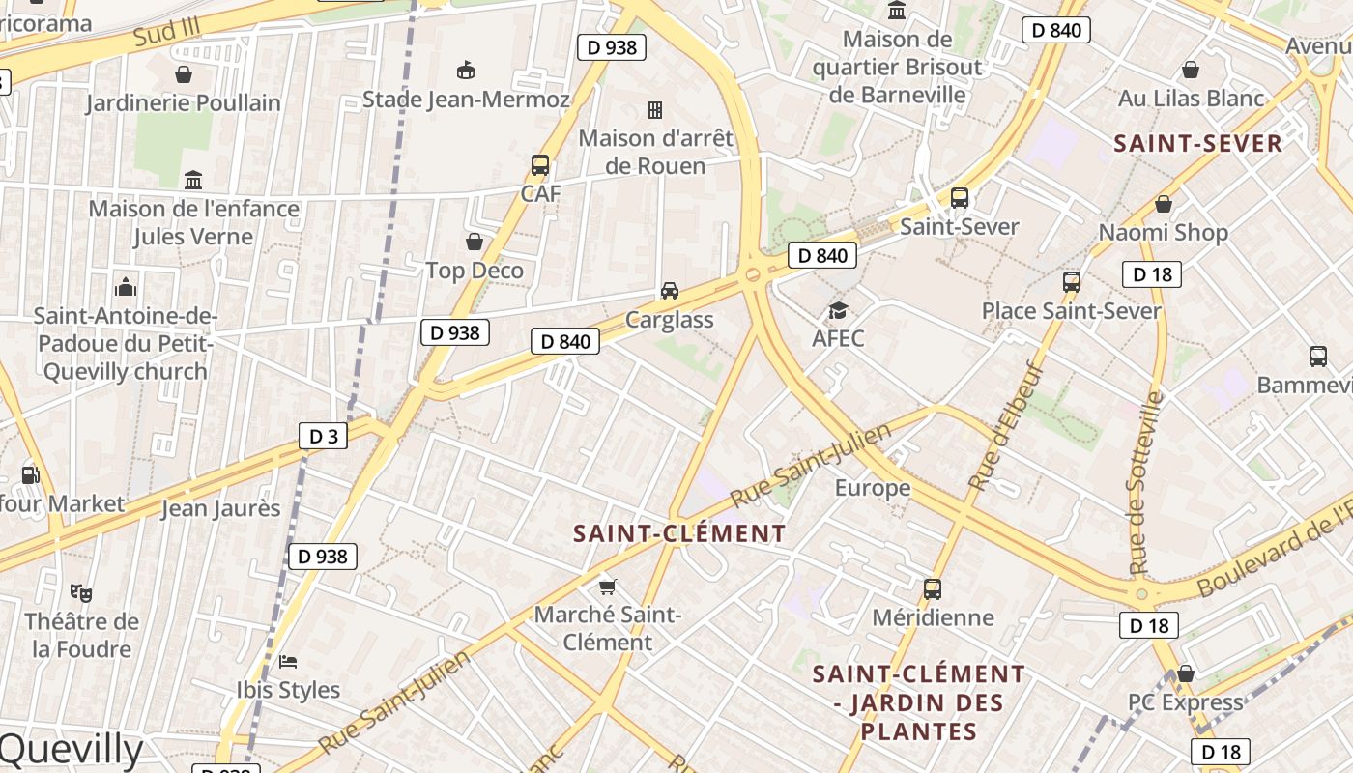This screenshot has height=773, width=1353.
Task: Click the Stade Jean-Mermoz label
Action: click(466, 100)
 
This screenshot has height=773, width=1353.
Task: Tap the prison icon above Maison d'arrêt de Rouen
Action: click(655, 109)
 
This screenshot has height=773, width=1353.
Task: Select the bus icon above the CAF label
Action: click(540, 165)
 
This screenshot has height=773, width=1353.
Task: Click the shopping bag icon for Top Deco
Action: click(475, 242)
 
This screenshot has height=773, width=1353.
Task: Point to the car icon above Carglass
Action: click(669, 290)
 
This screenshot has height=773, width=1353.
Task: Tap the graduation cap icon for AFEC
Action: click(838, 310)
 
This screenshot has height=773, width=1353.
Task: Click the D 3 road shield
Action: click(323, 436)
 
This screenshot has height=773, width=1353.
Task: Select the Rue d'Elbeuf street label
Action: click(1006, 426)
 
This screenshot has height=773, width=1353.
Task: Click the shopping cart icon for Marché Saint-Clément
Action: click(608, 586)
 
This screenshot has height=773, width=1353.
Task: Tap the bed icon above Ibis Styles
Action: click(288, 662)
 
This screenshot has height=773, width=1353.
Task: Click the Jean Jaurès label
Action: click(220, 508)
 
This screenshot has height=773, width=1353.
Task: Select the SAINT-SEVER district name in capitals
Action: click(1197, 144)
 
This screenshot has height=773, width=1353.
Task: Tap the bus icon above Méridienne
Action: click(933, 588)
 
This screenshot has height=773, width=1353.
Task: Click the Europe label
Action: click(873, 488)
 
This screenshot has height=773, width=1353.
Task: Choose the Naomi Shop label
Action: click(1164, 232)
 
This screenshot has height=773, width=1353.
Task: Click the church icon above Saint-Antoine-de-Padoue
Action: click(126, 287)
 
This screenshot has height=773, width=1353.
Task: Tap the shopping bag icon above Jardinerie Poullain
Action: click(184, 74)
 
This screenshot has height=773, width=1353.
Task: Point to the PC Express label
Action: click(1186, 702)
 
